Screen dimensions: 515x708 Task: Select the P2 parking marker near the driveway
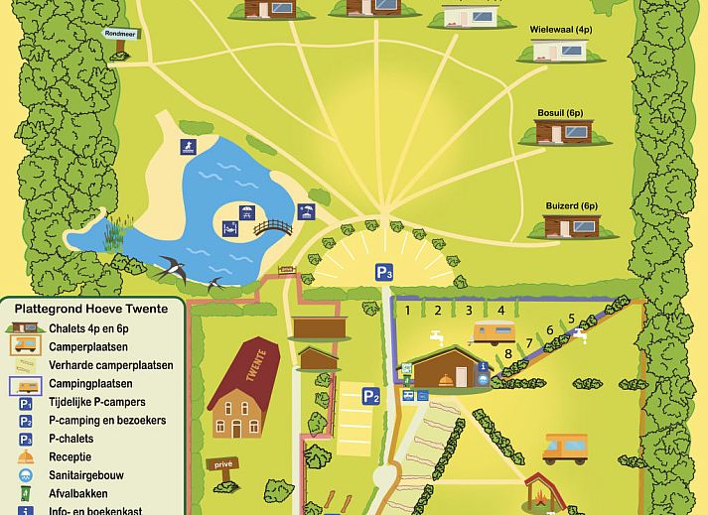pyautogui.click(x=370, y=397)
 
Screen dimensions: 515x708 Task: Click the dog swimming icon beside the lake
pyautogui.click(x=186, y=149)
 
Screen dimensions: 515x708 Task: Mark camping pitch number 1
pyautogui.click(x=406, y=311)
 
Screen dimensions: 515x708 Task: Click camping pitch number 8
pyautogui.click(x=508, y=352)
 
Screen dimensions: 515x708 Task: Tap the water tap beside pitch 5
pyautogui.click(x=581, y=333)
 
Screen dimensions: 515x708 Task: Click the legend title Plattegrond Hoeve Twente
pyautogui.click(x=91, y=309)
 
